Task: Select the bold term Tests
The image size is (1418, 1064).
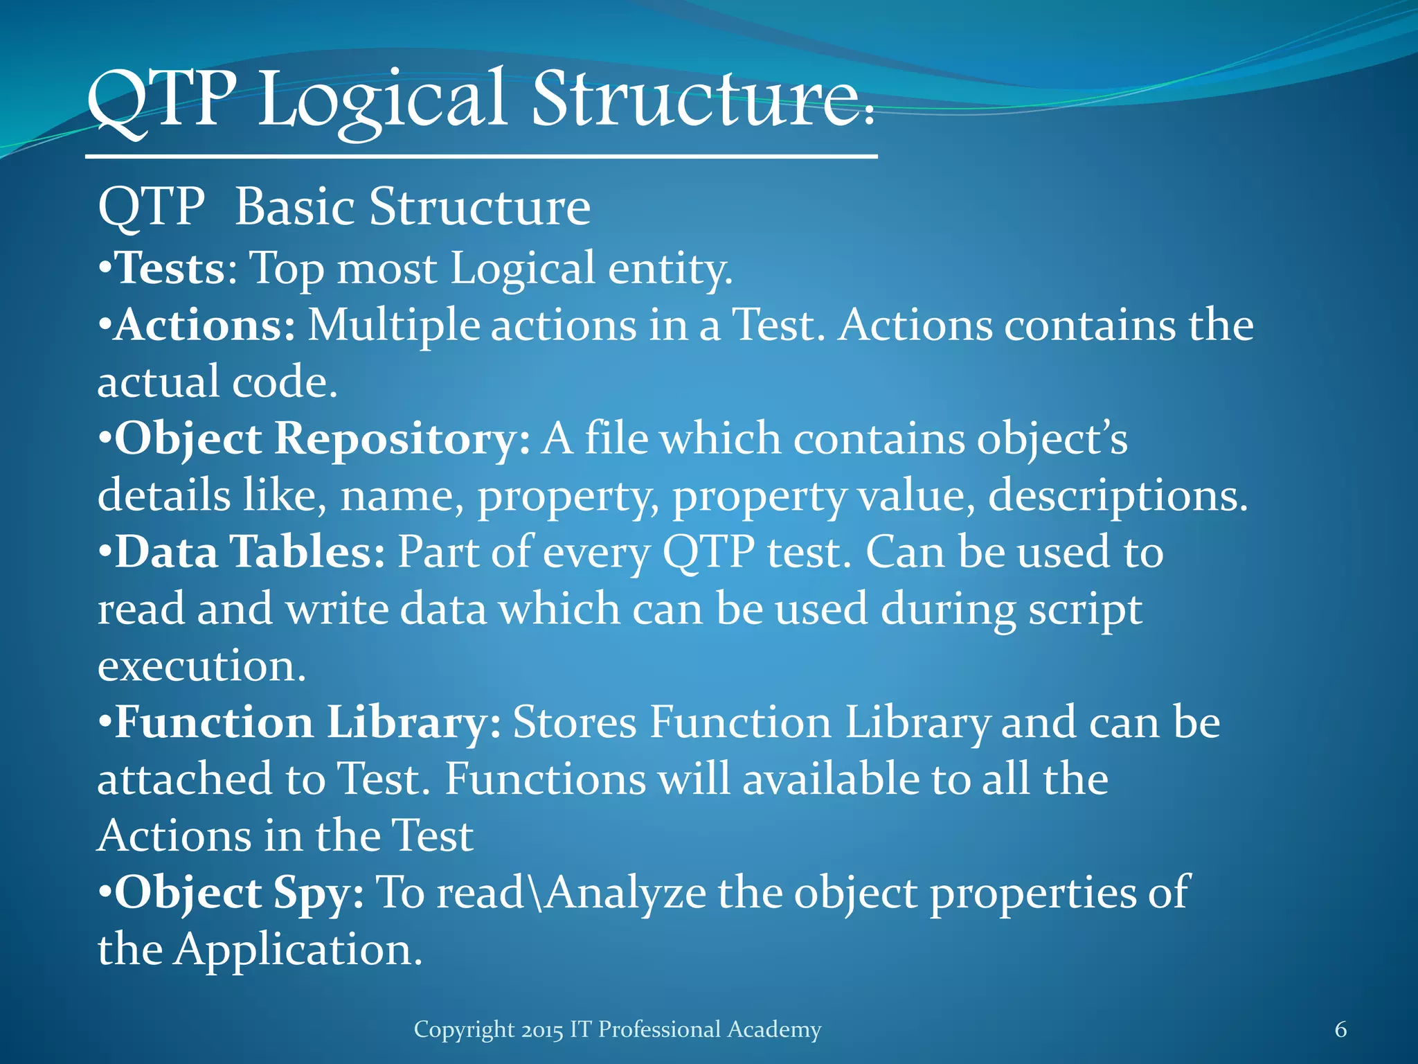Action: (169, 267)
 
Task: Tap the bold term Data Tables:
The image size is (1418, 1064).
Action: (249, 552)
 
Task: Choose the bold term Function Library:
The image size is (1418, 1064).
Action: (307, 722)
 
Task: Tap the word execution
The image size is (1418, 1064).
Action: (201, 666)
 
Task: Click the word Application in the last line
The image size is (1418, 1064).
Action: (297, 950)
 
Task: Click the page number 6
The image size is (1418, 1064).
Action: (1340, 1029)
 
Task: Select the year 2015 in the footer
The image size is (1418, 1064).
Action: (543, 1029)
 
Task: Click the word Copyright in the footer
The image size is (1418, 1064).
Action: (464, 1029)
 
